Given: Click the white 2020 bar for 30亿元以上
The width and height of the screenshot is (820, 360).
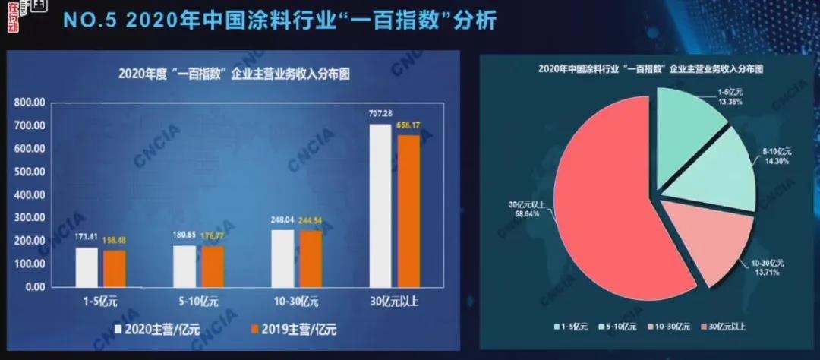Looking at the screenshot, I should pos(380,205).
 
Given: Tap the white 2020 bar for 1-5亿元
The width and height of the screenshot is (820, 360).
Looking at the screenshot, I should pos(87,267).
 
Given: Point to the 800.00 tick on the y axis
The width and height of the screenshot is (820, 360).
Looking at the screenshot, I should pos(30,103).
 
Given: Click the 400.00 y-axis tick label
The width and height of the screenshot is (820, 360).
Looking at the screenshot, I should pos(30,195).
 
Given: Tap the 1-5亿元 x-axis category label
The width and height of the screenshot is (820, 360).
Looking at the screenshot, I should pos(101,302).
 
